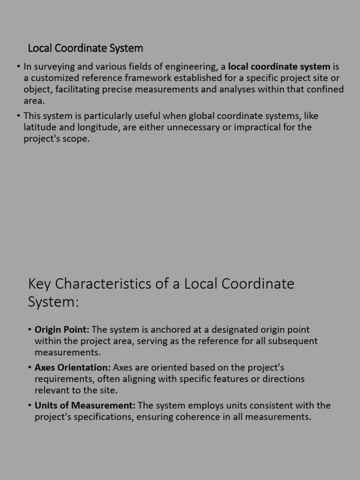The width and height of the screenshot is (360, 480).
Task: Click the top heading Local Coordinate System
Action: (85, 48)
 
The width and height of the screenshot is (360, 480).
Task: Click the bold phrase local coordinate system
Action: (279, 67)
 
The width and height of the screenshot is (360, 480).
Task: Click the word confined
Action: (321, 89)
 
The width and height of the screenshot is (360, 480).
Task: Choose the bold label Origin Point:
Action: (62, 330)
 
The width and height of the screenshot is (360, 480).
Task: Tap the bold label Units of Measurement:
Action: (85, 405)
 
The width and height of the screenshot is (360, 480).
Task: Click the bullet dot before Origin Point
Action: (29, 330)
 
